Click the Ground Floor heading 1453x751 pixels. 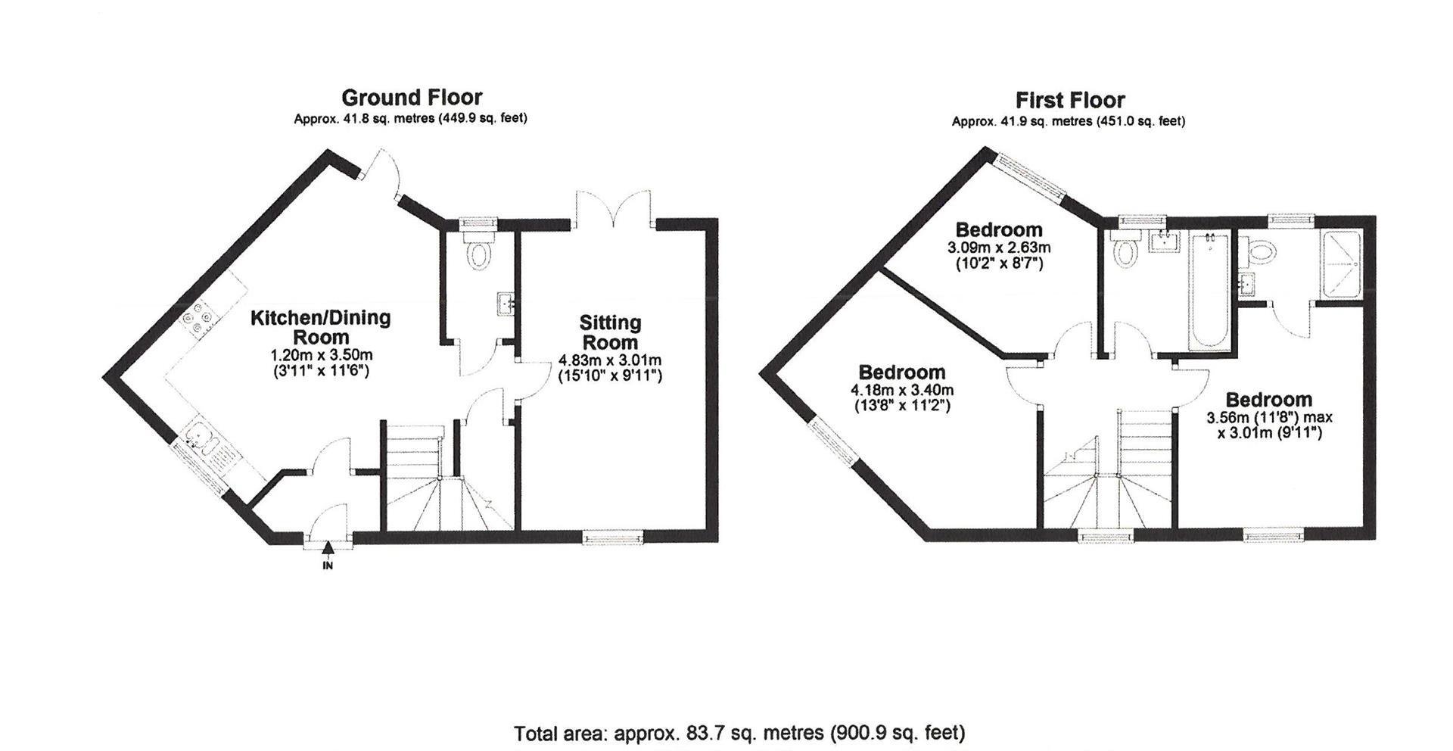click(411, 98)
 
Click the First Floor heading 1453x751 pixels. click(1069, 100)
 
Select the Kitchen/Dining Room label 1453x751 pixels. click(320, 327)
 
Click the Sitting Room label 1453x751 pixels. click(610, 332)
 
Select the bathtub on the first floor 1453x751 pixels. click(1211, 303)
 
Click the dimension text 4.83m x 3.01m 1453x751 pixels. click(610, 360)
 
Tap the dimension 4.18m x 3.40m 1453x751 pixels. click(902, 391)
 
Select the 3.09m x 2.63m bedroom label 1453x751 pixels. click(998, 248)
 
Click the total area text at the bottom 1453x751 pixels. click(739, 733)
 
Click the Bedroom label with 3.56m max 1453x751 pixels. click(1268, 400)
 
